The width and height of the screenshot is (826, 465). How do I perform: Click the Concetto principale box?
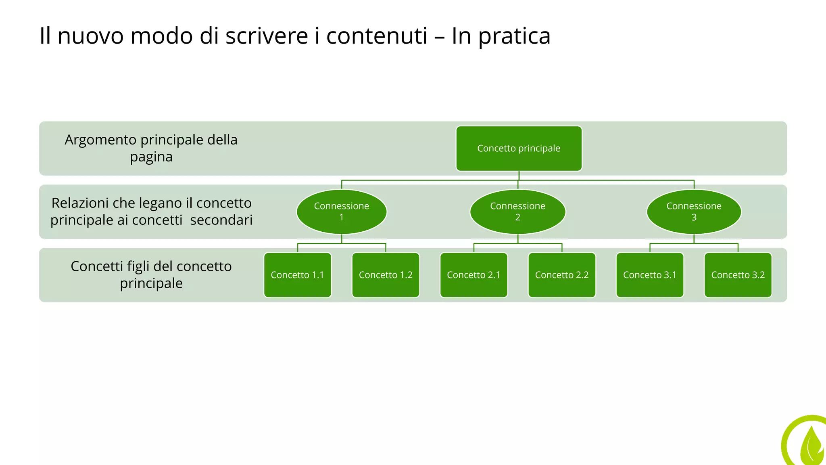pos(519,149)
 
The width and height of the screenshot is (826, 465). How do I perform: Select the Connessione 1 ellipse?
pos(342,212)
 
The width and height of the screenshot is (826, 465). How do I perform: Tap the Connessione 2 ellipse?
pos(517,212)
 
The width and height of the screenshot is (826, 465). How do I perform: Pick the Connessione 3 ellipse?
pos(694,212)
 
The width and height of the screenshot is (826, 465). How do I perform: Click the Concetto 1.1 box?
pos(298,275)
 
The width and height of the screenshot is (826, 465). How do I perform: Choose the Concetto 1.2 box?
pos(386,275)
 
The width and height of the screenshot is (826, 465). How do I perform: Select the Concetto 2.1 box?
pos(473,275)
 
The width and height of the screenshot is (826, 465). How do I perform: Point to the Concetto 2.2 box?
pos(562,275)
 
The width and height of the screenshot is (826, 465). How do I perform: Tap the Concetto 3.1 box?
pos(650,275)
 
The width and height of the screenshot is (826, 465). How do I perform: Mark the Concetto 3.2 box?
pos(738,275)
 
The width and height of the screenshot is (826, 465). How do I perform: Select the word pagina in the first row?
pos(151,157)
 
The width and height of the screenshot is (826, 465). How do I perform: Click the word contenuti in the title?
pos(377,36)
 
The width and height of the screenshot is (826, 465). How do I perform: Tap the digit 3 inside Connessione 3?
pos(694,218)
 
